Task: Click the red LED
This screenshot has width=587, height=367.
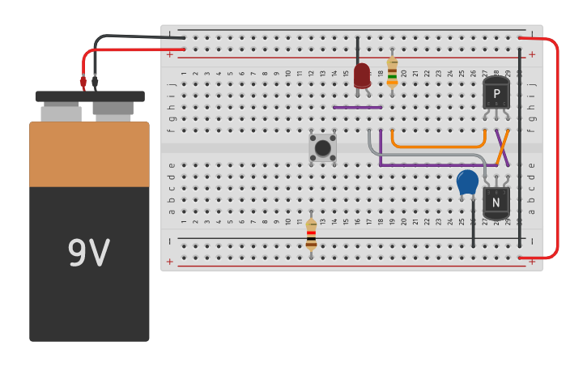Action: pyautogui.click(x=362, y=75)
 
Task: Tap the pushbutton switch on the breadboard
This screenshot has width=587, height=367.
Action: pyautogui.click(x=322, y=147)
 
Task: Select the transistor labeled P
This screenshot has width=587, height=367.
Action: pyautogui.click(x=496, y=93)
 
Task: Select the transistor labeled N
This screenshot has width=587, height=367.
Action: pyautogui.click(x=496, y=200)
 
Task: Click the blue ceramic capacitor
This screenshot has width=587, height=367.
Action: pyautogui.click(x=467, y=181)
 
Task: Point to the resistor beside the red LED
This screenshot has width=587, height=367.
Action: pyautogui.click(x=392, y=72)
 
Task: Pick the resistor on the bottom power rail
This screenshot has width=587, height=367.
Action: pyautogui.click(x=311, y=235)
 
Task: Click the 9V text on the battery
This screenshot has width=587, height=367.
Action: pyautogui.click(x=88, y=254)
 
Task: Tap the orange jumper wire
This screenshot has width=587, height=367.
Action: pyautogui.click(x=437, y=147)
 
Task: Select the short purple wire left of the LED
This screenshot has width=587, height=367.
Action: pyautogui.click(x=357, y=107)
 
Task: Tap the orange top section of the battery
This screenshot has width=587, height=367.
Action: pyautogui.click(x=89, y=154)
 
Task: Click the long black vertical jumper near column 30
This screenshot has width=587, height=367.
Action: pyautogui.click(x=520, y=146)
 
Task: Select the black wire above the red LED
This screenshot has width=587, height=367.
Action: pyautogui.click(x=357, y=49)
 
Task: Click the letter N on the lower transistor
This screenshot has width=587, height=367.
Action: pyautogui.click(x=496, y=201)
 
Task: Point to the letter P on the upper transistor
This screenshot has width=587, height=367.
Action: pyautogui.click(x=496, y=94)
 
